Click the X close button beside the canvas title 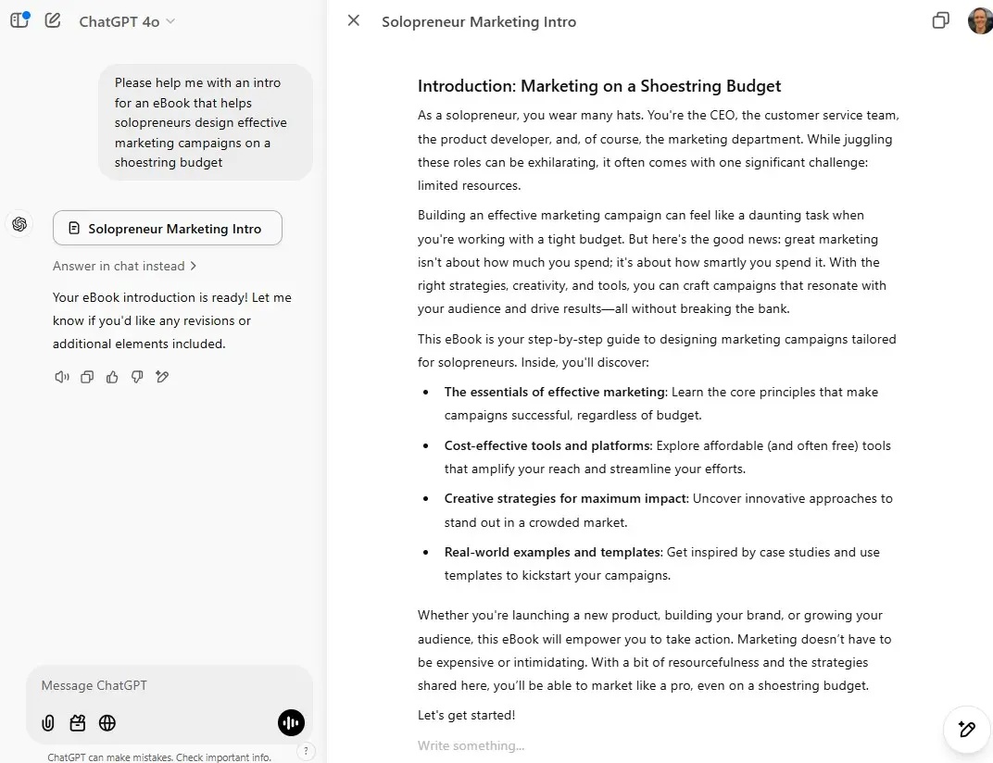tap(353, 20)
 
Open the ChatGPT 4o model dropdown tap(127, 21)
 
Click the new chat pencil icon tap(53, 20)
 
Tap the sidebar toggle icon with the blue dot tap(19, 19)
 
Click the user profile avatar tap(980, 20)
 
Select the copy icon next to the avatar tap(940, 20)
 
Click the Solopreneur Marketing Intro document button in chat tap(167, 229)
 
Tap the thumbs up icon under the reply tap(112, 377)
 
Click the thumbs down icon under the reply tap(137, 377)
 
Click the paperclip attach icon tap(48, 723)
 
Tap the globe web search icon tap(107, 723)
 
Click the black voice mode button tap(291, 723)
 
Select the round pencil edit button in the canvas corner tap(966, 730)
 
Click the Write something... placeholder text tap(471, 746)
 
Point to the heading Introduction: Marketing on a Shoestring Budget tap(599, 86)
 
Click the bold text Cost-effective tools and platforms tap(547, 445)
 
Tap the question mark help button tap(307, 751)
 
